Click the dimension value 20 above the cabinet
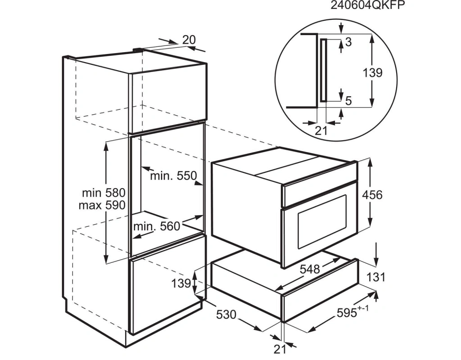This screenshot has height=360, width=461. pyautogui.click(x=189, y=40)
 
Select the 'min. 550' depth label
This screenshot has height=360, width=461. pyautogui.click(x=173, y=176)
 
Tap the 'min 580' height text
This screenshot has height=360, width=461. pyautogui.click(x=104, y=193)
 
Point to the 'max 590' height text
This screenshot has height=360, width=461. pyautogui.click(x=102, y=205)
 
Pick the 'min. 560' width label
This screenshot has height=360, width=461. pyautogui.click(x=156, y=226)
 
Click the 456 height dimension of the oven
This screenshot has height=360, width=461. pyautogui.click(x=372, y=195)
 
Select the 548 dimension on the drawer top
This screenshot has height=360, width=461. pyautogui.click(x=310, y=269)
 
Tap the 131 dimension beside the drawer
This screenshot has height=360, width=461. pyautogui.click(x=376, y=277)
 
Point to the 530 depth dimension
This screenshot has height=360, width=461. pyautogui.click(x=226, y=315)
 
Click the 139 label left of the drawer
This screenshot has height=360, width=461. pyautogui.click(x=181, y=283)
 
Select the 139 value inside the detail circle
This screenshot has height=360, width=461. pyautogui.click(x=372, y=72)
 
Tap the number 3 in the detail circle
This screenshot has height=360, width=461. pyautogui.click(x=348, y=42)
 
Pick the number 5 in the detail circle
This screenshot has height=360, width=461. pyautogui.click(x=348, y=101)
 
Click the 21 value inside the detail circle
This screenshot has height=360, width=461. pyautogui.click(x=321, y=130)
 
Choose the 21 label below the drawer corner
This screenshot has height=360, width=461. pyautogui.click(x=280, y=349)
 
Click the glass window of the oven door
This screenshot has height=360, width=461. pyautogui.click(x=322, y=221)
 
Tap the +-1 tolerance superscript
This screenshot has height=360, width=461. pyautogui.click(x=363, y=309)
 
